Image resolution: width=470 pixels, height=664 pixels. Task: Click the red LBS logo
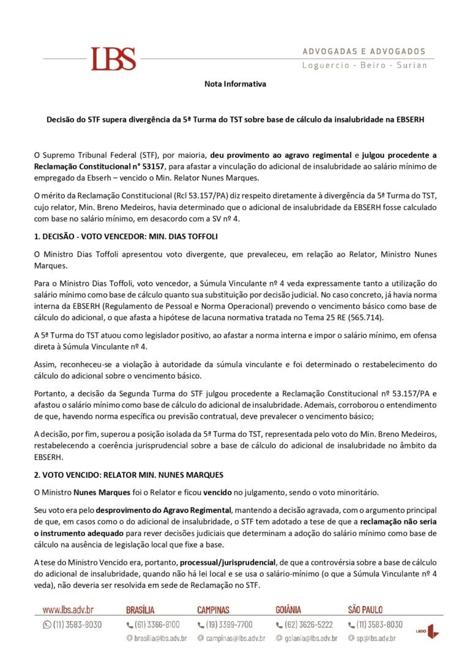point(113,59)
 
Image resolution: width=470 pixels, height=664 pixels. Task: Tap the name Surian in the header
point(412,65)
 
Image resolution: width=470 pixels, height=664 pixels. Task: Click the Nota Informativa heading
point(235,84)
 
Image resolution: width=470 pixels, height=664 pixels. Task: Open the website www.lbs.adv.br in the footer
point(69,610)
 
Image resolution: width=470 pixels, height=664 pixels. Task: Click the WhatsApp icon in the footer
point(47,625)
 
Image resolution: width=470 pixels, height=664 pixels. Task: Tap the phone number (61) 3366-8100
point(157,625)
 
